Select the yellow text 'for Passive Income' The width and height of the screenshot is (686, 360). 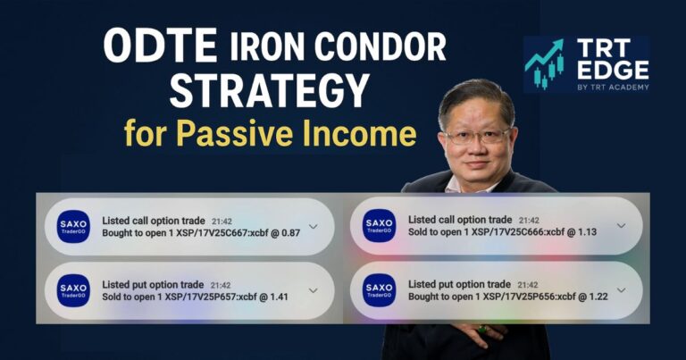click(x=270, y=135)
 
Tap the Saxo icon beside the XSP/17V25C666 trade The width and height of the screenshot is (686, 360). click(x=380, y=226)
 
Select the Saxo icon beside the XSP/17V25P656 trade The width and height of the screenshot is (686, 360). click(x=380, y=289)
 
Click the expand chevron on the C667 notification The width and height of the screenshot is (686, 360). click(x=313, y=226)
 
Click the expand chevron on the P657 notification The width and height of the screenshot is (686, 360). click(x=313, y=290)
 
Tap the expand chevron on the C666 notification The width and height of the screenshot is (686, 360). click(x=621, y=226)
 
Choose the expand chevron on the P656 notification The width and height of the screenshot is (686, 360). click(x=621, y=289)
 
